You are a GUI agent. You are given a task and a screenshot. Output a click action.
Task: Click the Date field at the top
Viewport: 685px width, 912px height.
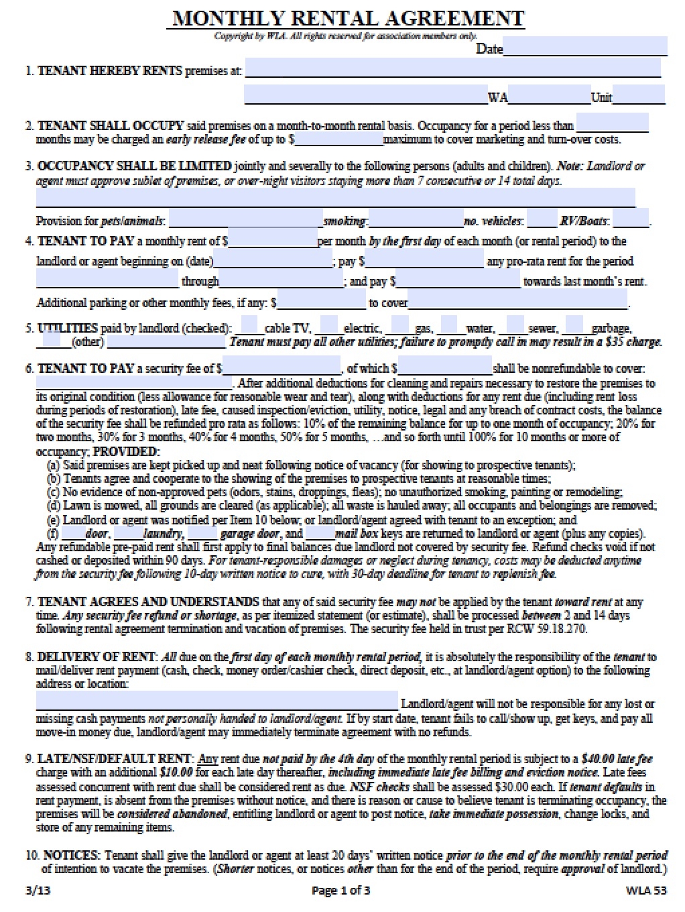(x=584, y=47)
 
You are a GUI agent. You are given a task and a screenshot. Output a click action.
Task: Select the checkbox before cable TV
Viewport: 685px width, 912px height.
(x=249, y=326)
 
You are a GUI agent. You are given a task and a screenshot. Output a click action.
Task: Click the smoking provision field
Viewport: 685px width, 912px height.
(x=416, y=219)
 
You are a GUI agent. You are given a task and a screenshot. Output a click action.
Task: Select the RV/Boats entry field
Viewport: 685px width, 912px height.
(x=630, y=219)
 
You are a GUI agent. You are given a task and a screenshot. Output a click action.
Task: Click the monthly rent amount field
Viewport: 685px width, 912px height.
(x=272, y=239)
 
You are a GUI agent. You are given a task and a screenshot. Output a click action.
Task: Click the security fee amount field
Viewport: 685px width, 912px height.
(x=282, y=367)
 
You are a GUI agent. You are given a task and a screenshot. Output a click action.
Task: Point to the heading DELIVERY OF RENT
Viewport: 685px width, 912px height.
(x=97, y=657)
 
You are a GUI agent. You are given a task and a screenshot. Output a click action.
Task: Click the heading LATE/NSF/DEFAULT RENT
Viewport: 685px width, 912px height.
(x=115, y=758)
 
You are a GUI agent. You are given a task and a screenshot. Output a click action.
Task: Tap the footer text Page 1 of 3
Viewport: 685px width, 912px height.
(x=340, y=891)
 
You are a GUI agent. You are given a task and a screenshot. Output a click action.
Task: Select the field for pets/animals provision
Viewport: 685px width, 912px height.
(x=245, y=219)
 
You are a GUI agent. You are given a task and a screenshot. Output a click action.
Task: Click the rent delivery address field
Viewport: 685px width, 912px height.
(x=216, y=701)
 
